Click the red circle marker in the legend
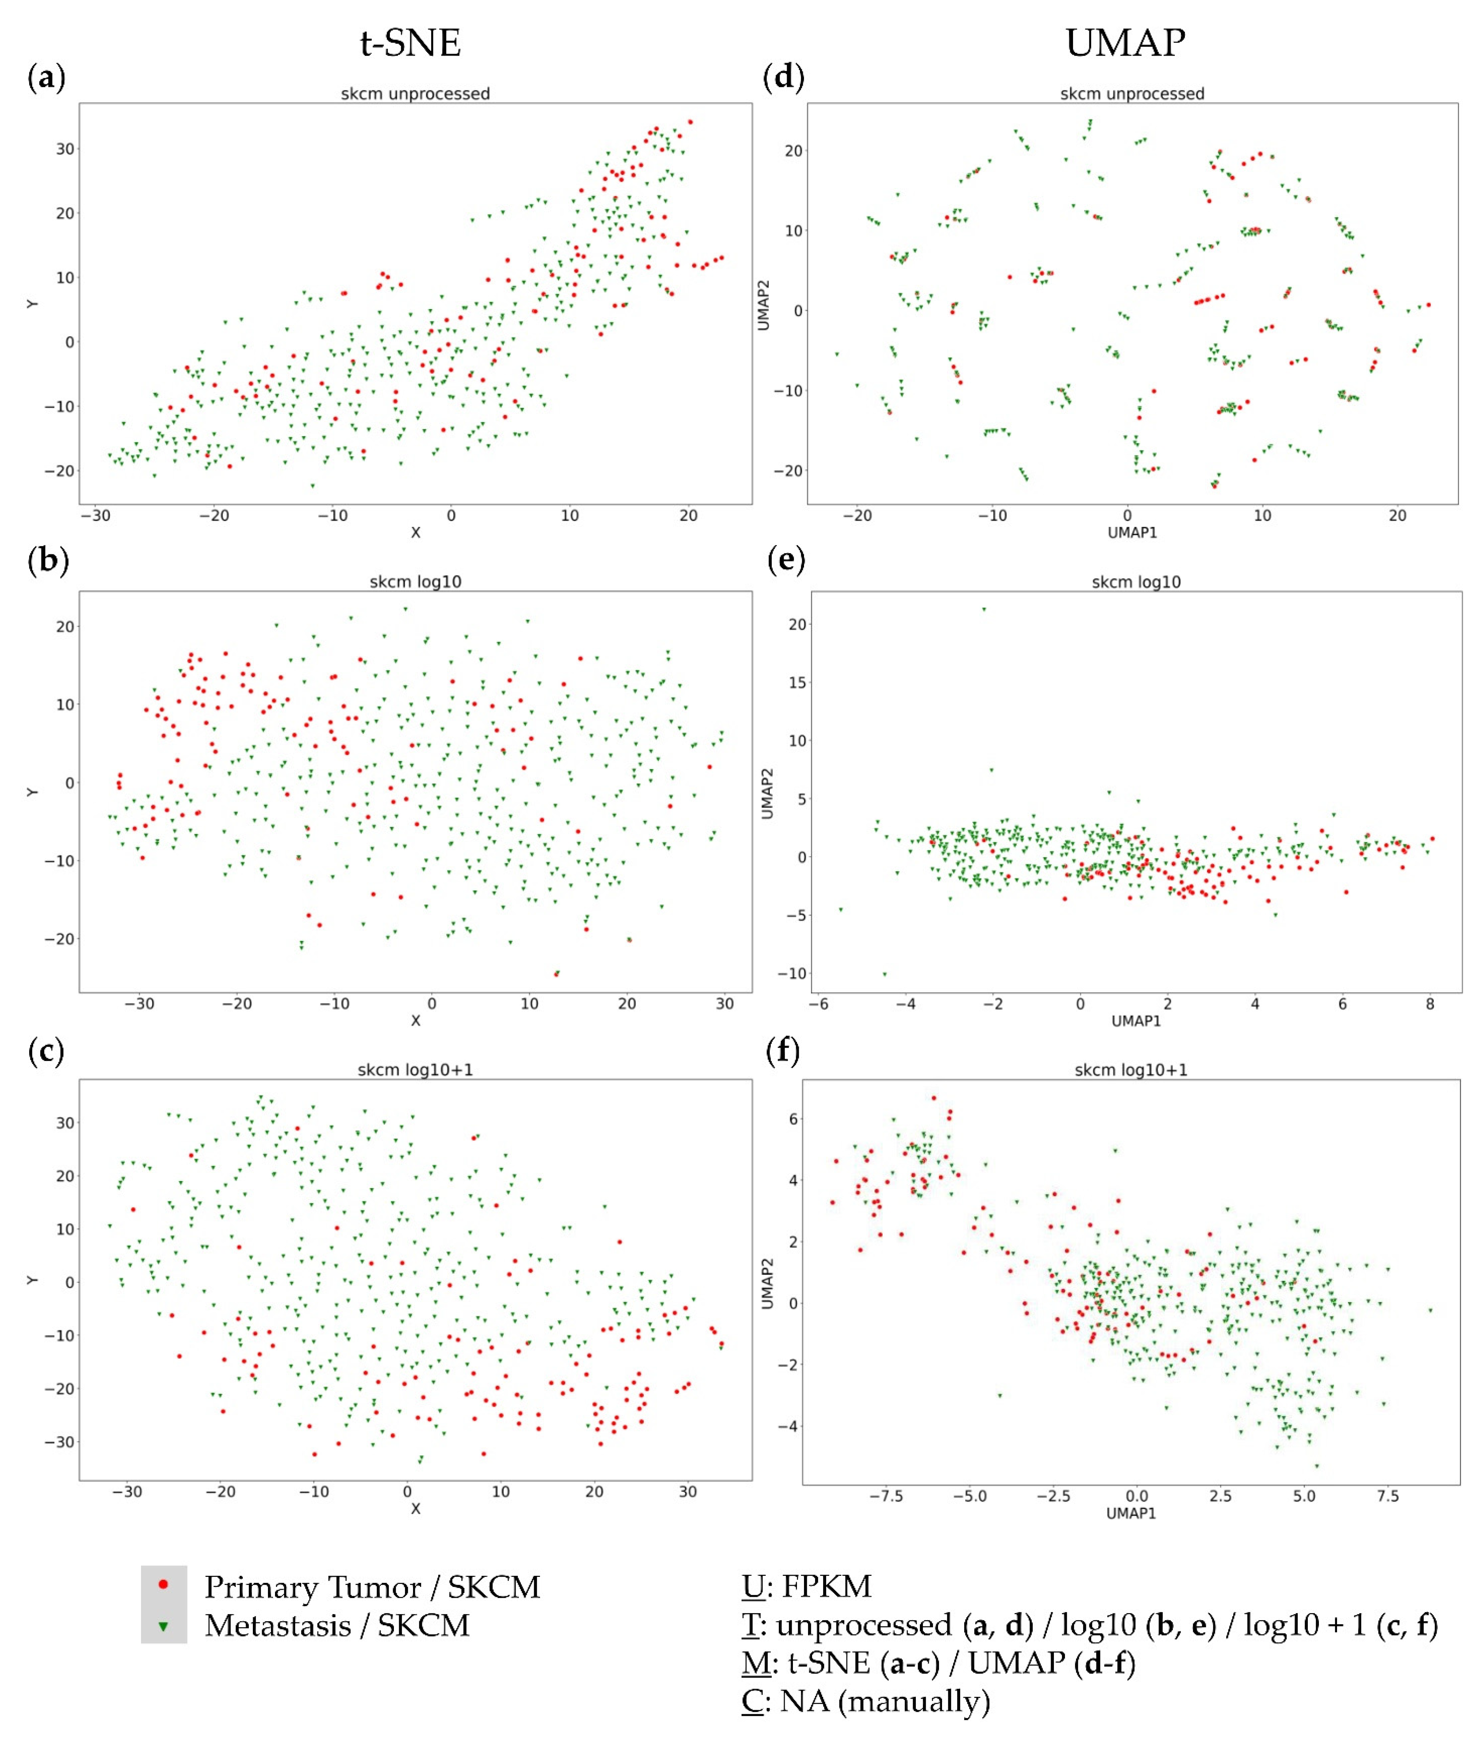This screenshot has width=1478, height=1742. (x=164, y=1584)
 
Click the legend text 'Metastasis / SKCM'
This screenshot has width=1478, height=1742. (x=337, y=1625)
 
